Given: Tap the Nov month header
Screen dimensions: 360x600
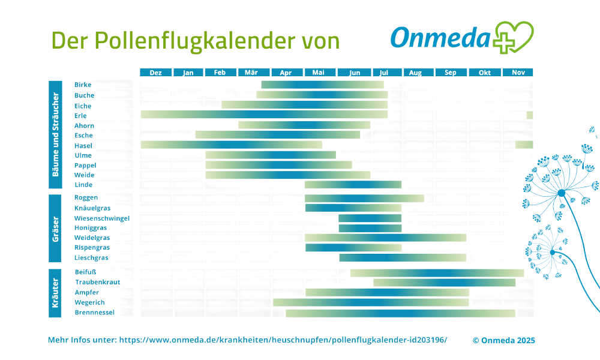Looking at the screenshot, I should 518,73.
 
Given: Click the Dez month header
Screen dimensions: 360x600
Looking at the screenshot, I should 155,73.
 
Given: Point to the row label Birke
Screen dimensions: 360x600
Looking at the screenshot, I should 83,85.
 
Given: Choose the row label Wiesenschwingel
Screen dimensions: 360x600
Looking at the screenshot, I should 101,218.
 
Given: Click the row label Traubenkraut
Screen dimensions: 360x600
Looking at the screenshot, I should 97,282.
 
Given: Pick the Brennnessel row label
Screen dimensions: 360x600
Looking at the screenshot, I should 94,313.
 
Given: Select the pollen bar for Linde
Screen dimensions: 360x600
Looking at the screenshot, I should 353,185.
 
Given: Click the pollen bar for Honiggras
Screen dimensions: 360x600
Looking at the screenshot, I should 370,228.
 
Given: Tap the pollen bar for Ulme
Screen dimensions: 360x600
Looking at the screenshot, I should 271,155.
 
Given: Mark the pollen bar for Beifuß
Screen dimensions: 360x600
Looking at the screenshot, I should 437,273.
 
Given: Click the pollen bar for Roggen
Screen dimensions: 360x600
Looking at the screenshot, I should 364,198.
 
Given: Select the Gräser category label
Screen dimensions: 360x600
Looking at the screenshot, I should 55,228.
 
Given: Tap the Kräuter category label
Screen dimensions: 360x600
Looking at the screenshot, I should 55,292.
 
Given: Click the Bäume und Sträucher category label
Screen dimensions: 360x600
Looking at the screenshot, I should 55,134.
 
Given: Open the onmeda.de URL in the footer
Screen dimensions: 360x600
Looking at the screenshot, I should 283,340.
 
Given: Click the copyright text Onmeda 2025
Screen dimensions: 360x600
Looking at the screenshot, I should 503,340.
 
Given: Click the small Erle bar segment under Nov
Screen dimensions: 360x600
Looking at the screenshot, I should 529,115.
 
